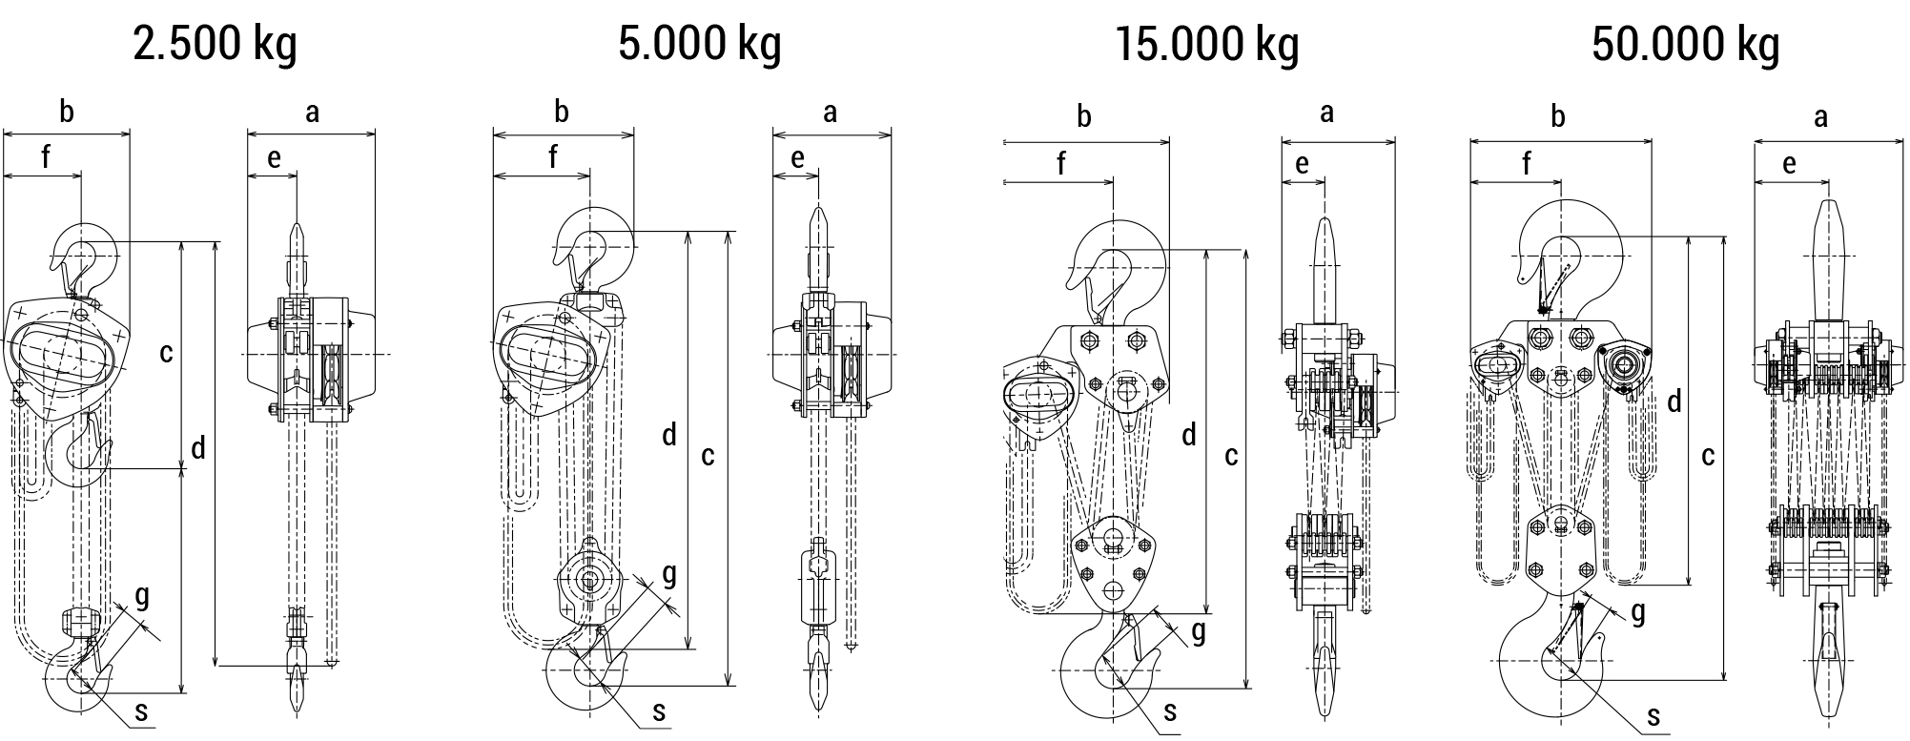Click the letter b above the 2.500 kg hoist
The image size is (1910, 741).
click(x=66, y=113)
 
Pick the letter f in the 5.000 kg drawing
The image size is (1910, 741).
click(x=553, y=156)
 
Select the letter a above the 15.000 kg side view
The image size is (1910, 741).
click(x=1326, y=113)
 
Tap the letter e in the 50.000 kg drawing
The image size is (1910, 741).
click(x=1789, y=164)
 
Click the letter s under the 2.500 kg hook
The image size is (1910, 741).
click(x=142, y=710)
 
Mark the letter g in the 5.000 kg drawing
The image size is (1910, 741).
click(x=669, y=574)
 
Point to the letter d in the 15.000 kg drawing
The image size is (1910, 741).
click(x=1188, y=436)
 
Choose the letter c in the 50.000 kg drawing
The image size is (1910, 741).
click(x=1708, y=456)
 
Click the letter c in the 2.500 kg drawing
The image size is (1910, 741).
click(x=166, y=353)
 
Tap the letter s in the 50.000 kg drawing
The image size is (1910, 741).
click(x=1653, y=716)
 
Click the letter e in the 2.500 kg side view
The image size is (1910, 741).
click(x=274, y=158)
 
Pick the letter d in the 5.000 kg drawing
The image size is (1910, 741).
click(x=669, y=436)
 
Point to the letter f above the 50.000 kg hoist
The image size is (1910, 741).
click(x=1526, y=164)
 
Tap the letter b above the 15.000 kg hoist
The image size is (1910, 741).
click(x=1083, y=117)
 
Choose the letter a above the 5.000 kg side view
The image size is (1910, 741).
click(x=830, y=113)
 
